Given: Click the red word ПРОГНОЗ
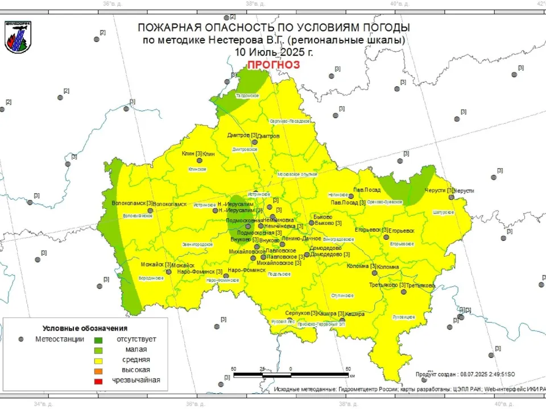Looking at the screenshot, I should [x=273, y=65].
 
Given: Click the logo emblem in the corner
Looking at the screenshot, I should [x=18, y=37].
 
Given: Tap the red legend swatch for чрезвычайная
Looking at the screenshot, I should [x=98, y=381].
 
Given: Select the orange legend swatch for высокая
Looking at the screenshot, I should [x=98, y=370].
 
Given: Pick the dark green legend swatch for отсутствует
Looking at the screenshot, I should [x=98, y=339].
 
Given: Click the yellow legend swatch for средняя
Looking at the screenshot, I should [x=98, y=360].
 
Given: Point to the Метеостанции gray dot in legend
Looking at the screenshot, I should [x=21, y=339].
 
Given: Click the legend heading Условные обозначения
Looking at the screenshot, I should [x=85, y=328].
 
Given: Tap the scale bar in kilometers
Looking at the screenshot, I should [x=291, y=375].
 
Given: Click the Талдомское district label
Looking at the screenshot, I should [x=247, y=95].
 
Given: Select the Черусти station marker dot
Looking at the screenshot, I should [x=451, y=198].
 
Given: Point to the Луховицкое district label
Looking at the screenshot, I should [x=403, y=317].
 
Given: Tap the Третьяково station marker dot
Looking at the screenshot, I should [x=403, y=292].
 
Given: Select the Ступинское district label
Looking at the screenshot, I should [x=344, y=295].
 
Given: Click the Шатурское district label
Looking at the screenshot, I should [x=443, y=212].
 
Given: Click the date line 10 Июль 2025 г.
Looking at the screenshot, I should [x=273, y=52].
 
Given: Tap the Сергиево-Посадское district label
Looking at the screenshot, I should [x=289, y=121].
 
